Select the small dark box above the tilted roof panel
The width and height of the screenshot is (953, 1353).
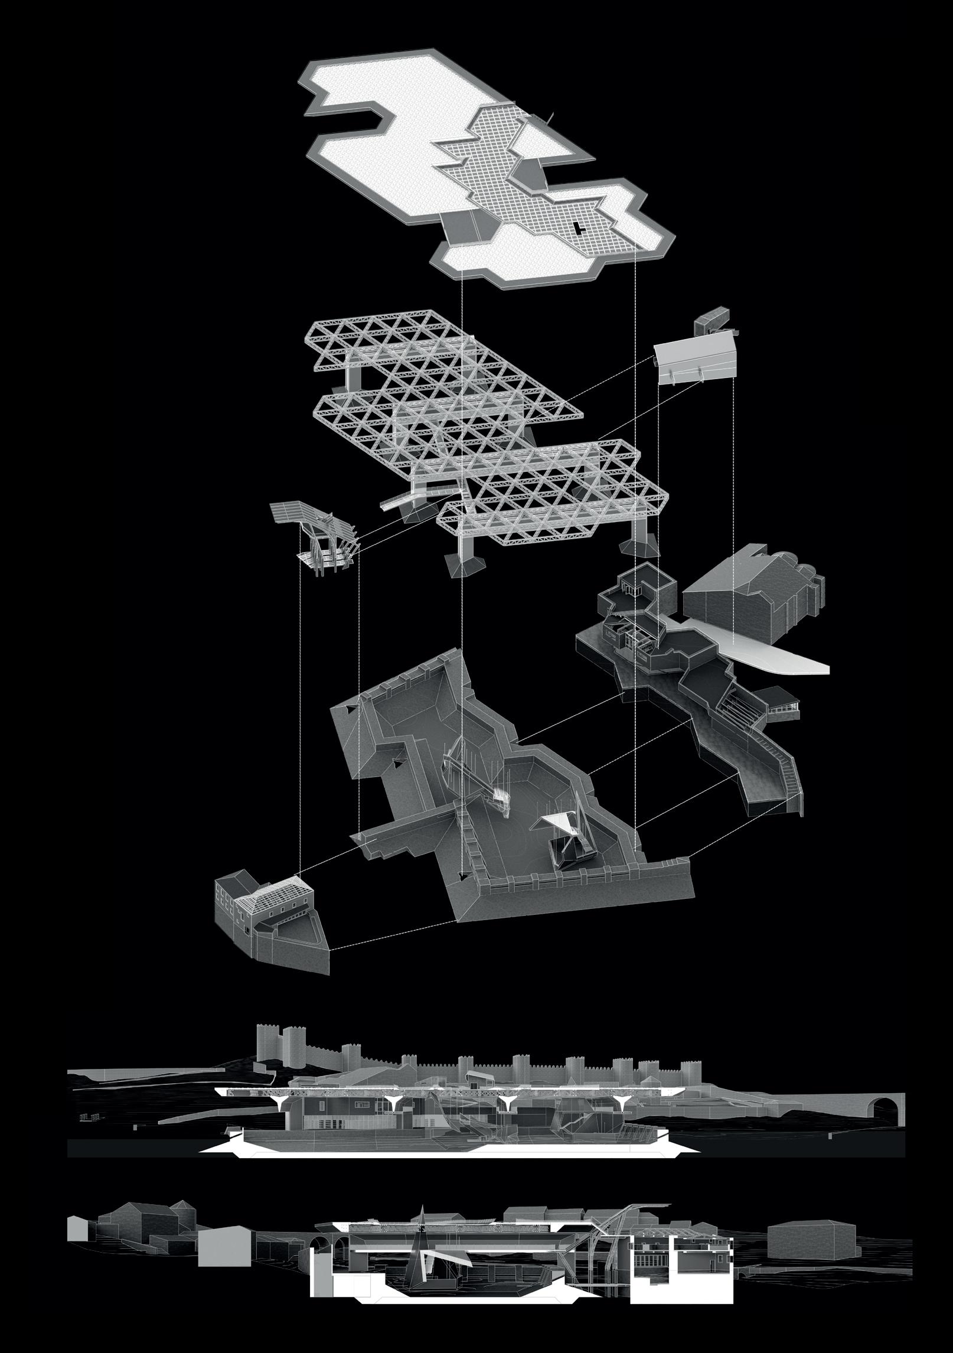point(715,319)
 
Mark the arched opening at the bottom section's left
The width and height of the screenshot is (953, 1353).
point(324,1222)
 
